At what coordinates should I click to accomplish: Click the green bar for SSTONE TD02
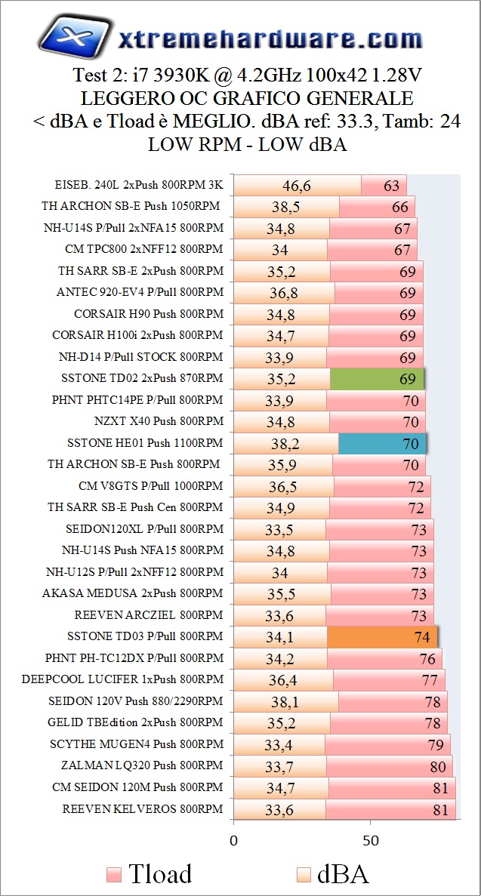378,378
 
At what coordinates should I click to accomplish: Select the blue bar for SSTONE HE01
382,443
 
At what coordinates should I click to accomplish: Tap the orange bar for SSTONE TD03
382,637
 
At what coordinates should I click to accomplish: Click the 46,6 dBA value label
297,186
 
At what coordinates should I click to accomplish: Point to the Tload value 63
391,186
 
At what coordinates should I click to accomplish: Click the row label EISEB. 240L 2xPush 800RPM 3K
139,184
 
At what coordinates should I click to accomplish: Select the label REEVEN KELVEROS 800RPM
143,809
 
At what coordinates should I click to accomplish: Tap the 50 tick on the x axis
370,839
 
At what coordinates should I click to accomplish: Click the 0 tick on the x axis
233,839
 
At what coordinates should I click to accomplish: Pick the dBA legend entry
332,874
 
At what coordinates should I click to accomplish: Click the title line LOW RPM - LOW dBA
247,145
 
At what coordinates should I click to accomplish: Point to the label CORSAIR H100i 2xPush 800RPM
137,335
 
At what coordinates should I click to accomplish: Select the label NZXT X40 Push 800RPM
159,421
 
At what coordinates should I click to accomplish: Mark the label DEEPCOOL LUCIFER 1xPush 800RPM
122,679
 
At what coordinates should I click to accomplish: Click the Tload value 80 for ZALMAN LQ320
437,766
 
